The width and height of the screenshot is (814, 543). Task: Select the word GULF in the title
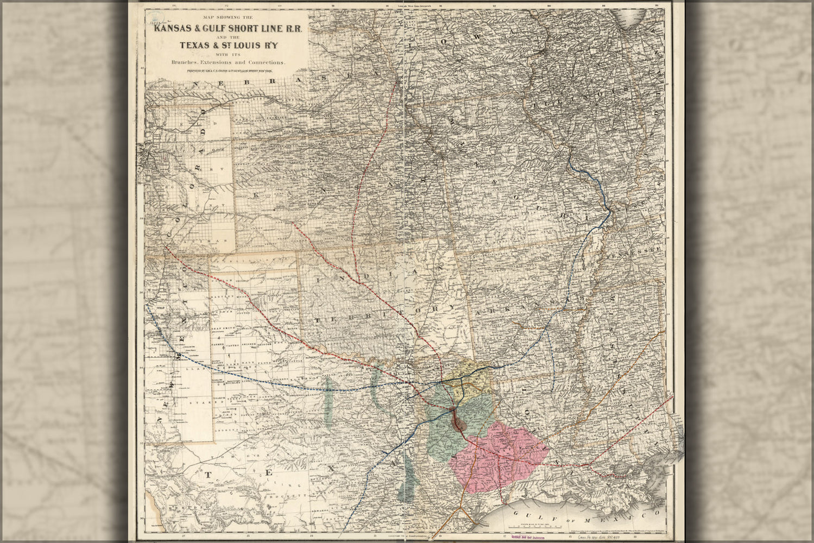[x=224, y=29]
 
